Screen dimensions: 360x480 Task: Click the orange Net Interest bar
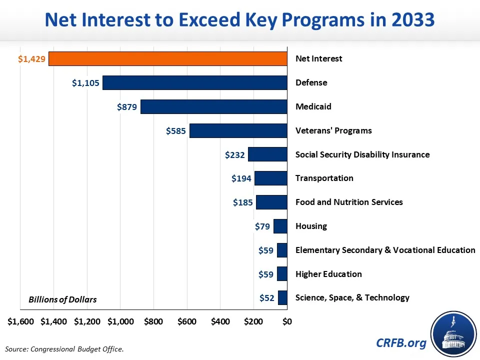(168, 58)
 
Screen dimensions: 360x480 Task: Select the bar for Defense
(195, 82)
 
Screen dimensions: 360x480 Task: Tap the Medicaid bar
(214, 106)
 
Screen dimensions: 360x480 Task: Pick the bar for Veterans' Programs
(238, 130)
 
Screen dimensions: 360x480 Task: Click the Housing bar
(280, 226)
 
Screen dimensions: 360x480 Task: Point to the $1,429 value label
(32, 59)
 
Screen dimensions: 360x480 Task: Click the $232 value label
(235, 154)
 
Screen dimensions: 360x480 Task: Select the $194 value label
(241, 178)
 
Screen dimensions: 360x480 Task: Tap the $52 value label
(267, 298)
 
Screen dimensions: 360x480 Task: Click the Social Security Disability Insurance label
(362, 154)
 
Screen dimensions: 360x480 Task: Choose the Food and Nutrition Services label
(349, 202)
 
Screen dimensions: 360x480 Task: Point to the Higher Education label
(328, 274)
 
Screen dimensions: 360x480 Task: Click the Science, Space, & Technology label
(352, 297)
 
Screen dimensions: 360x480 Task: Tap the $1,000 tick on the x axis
(120, 321)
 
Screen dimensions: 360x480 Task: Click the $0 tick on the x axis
(287, 321)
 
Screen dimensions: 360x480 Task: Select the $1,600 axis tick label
(21, 321)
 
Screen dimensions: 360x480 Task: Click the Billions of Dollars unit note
(62, 299)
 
